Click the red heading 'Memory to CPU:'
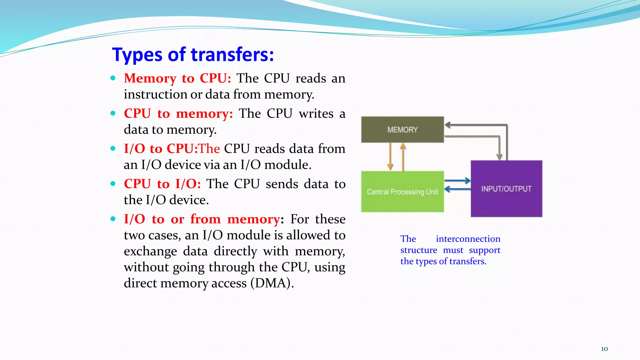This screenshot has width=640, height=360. point(177,78)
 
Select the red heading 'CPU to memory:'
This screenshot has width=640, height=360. point(178,113)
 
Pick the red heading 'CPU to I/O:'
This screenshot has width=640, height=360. point(162,184)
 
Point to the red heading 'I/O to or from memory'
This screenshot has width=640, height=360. point(202,219)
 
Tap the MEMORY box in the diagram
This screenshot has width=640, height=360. point(402,130)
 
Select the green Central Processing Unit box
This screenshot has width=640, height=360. point(402,192)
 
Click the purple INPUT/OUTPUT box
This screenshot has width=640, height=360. point(506,189)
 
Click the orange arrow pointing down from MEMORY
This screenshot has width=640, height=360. point(390,156)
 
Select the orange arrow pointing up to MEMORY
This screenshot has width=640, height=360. point(403,156)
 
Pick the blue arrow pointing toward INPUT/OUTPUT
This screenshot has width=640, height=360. point(457,180)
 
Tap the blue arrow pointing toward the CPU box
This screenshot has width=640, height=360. point(457,189)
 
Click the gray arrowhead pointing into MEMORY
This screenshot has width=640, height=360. point(448,125)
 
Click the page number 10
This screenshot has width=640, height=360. point(604,349)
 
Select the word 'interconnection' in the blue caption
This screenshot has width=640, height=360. point(468,239)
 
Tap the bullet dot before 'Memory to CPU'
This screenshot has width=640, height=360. point(113,78)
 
